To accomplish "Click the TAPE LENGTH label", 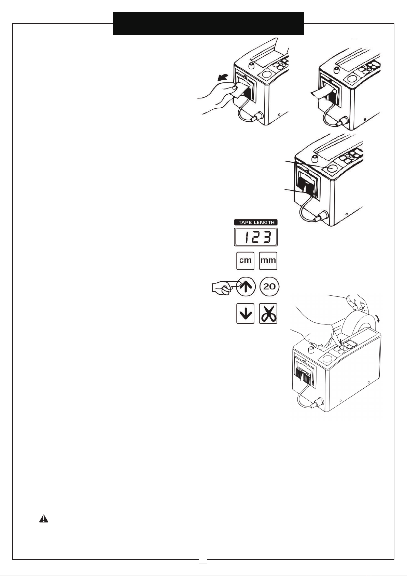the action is pyautogui.click(x=256, y=223).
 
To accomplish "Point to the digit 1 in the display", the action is pyautogui.click(x=247, y=237).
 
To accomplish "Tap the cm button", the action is pyautogui.click(x=245, y=261).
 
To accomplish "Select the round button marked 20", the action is pyautogui.click(x=269, y=286).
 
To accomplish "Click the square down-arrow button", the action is pyautogui.click(x=245, y=313).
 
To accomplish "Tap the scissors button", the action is pyautogui.click(x=268, y=313).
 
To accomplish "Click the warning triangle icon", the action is pyautogui.click(x=44, y=519).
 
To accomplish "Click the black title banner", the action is pyautogui.click(x=209, y=24).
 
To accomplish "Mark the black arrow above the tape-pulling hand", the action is pyautogui.click(x=223, y=77).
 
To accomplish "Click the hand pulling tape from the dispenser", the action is pyautogui.click(x=218, y=96).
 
